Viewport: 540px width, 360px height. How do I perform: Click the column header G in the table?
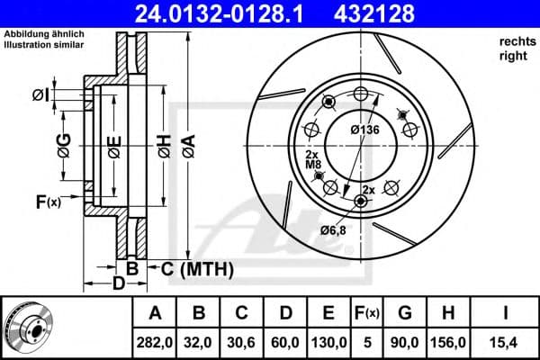405,313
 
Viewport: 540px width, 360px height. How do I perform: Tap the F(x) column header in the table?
367,313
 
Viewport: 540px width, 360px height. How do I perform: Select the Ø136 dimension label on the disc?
364,130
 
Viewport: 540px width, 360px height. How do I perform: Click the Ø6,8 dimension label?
334,230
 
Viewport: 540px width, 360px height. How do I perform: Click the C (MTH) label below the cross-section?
196,268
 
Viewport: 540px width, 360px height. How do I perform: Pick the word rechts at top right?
513,41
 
